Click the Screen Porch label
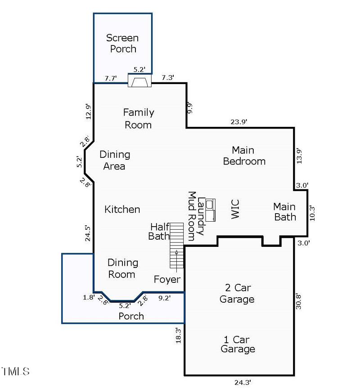pyautogui.click(x=123, y=43)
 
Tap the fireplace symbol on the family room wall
pyautogui.click(x=139, y=81)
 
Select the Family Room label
pyautogui.click(x=139, y=118)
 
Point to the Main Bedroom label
pyautogui.click(x=244, y=155)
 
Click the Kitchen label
pyautogui.click(x=122, y=209)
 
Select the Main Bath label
pyautogui.click(x=285, y=211)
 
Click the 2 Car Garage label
pyautogui.click(x=237, y=293)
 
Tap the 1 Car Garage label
pyautogui.click(x=238, y=344)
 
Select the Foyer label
pyautogui.click(x=167, y=279)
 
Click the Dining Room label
pyautogui.click(x=122, y=268)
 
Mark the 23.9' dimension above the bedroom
pyautogui.click(x=239, y=121)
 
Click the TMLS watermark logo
pyautogui.click(x=15, y=371)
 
